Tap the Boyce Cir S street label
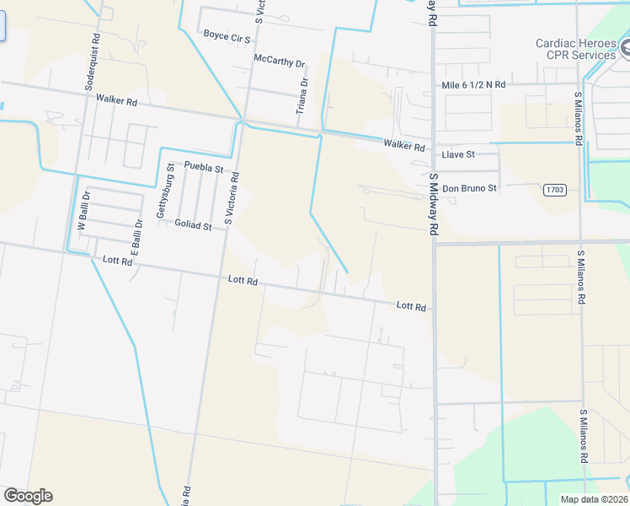coord(227,35)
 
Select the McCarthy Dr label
coord(279,61)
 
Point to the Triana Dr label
coord(302,97)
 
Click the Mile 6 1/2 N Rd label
coord(473,85)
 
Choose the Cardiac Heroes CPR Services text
coord(576,49)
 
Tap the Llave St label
coord(458,155)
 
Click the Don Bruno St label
coord(469,188)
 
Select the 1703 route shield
coord(553,189)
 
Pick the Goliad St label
coord(193,226)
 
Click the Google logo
coord(28,496)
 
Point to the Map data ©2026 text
coord(594,499)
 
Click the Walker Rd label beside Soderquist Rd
coord(116,100)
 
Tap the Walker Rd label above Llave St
coord(404,146)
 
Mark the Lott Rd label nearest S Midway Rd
coord(412,307)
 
